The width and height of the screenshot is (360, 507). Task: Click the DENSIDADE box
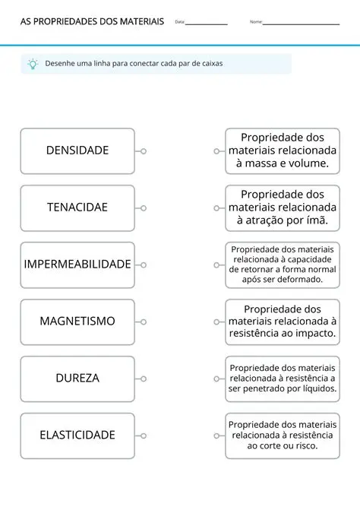pyautogui.click(x=77, y=151)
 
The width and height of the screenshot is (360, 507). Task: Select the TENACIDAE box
pyautogui.click(x=77, y=208)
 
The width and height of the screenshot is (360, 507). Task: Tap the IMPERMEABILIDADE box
pyautogui.click(x=77, y=265)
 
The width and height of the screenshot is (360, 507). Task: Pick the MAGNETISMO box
pyautogui.click(x=77, y=322)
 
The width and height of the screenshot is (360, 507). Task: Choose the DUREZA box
pyautogui.click(x=77, y=379)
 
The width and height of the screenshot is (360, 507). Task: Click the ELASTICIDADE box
pyautogui.click(x=77, y=436)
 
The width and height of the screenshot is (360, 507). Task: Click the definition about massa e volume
pyautogui.click(x=282, y=151)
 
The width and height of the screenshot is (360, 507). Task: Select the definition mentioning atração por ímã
pyautogui.click(x=282, y=208)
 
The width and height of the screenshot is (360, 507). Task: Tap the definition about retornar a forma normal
pyautogui.click(x=282, y=265)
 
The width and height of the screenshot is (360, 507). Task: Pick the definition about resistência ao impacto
pyautogui.click(x=282, y=322)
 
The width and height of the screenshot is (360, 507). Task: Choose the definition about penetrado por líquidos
pyautogui.click(x=282, y=379)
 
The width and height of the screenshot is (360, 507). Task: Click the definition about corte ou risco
pyautogui.click(x=282, y=436)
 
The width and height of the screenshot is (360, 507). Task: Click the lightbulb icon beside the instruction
pyautogui.click(x=33, y=64)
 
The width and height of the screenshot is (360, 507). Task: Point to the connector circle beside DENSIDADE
pyautogui.click(x=144, y=151)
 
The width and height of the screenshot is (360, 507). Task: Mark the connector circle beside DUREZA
pyautogui.click(x=144, y=379)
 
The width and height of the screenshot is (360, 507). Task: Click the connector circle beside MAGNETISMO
pyautogui.click(x=144, y=322)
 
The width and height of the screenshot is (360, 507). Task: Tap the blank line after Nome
pyautogui.click(x=301, y=24)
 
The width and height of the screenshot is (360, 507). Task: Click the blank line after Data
pyautogui.click(x=207, y=24)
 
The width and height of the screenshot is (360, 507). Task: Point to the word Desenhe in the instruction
pyautogui.click(x=62, y=64)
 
